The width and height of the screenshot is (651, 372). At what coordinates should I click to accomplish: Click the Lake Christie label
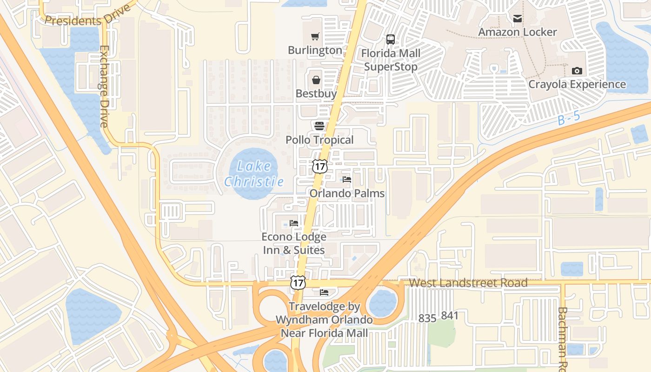pos(254,173)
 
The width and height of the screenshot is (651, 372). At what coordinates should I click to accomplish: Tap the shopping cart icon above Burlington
pos(315,36)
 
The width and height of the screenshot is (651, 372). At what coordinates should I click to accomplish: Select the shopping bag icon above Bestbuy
pos(316,80)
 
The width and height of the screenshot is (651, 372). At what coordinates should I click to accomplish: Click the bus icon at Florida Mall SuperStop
pos(391,40)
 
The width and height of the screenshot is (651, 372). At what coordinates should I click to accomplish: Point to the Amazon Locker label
pos(518,32)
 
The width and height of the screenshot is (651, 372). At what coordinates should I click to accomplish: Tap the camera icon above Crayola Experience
pos(577,71)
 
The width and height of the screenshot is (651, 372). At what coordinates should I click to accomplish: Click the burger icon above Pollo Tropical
pos(319,126)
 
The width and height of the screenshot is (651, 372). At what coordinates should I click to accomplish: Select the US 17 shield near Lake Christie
pos(319,166)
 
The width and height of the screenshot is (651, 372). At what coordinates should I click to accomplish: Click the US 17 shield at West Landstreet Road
pos(298,282)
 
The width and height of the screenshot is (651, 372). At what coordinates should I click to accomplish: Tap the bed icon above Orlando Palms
pos(347,179)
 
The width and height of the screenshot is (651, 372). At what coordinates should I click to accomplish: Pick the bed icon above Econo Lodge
pos(294,223)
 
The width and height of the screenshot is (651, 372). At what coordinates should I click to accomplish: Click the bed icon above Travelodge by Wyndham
pos(324,292)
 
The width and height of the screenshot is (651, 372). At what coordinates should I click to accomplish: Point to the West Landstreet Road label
pos(468,283)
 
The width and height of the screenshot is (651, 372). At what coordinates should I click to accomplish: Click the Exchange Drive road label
pos(104,86)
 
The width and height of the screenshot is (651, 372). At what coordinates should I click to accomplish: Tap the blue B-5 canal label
pos(569,118)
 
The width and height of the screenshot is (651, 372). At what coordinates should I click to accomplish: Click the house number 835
pos(427,318)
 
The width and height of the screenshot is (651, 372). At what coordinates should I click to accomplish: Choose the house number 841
pos(450,316)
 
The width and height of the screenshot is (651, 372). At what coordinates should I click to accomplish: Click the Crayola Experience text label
pos(577,84)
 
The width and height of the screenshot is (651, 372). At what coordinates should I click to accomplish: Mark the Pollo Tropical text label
pos(319,140)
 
